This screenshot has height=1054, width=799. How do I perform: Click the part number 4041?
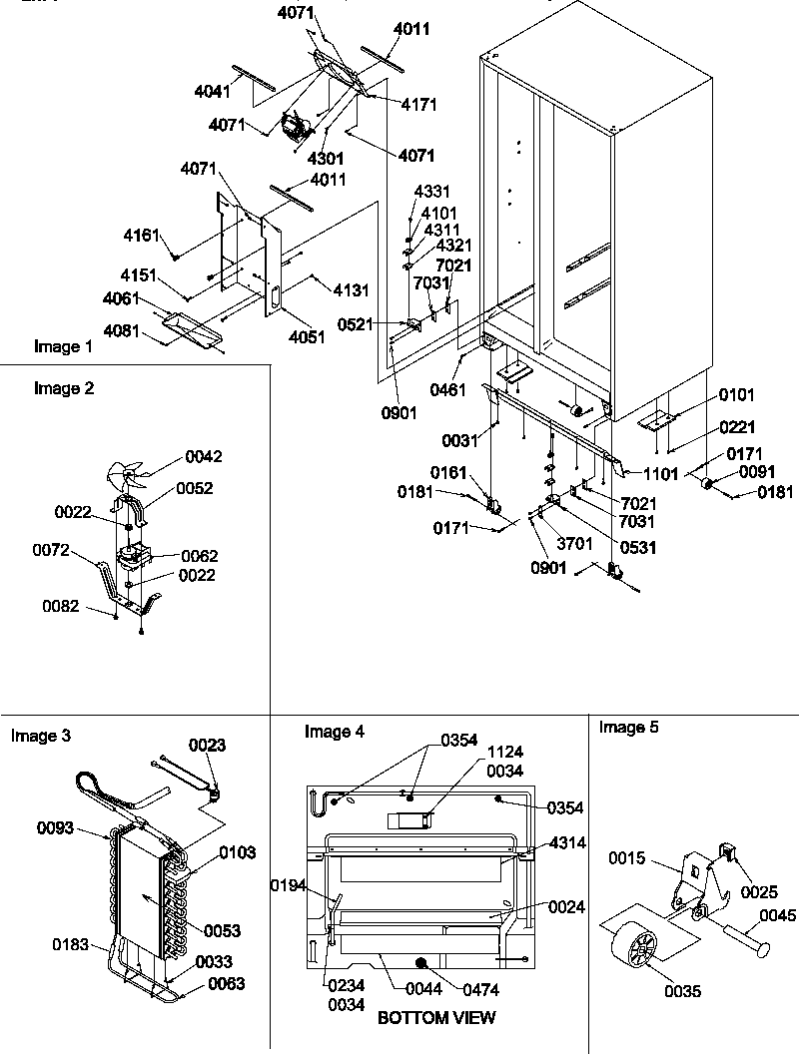213,91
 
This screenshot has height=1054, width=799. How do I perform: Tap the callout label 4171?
417,104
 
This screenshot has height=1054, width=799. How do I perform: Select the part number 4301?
327,158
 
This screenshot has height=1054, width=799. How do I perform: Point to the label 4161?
142,236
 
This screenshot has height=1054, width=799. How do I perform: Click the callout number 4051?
307,337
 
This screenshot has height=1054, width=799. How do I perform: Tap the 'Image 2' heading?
64,389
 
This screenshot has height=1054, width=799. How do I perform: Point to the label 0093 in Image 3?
57,827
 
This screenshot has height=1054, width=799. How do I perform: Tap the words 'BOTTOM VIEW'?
435,1018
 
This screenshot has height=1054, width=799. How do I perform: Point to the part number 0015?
629,859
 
